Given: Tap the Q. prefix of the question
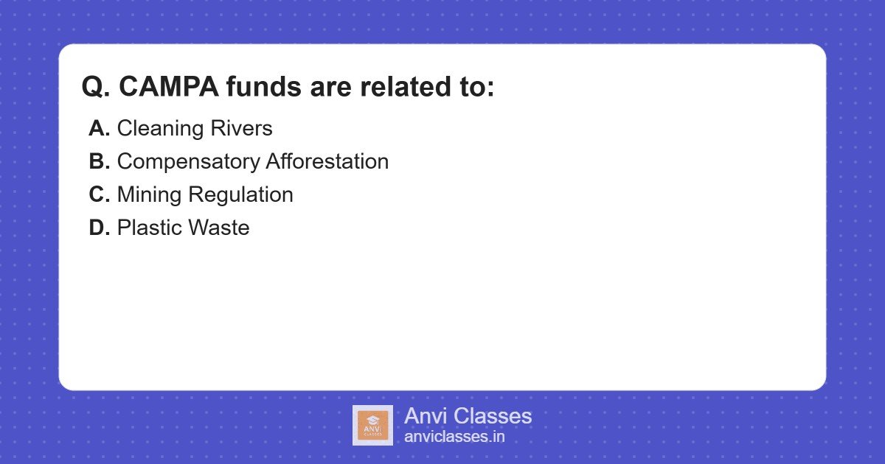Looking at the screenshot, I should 96,87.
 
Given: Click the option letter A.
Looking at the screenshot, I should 99,128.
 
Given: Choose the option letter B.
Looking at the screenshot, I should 99,161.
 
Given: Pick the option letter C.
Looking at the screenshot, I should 99,194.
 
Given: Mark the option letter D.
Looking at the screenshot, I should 99,228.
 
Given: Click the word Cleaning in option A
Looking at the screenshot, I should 159,128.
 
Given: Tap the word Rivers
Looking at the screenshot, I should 240,128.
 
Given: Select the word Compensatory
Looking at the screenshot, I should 187,161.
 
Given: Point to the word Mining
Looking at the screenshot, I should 149,194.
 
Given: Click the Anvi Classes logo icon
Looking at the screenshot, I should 372,425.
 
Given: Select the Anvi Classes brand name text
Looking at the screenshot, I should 468,416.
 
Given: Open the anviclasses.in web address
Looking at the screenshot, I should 454,437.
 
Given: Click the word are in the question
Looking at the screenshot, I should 330,87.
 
